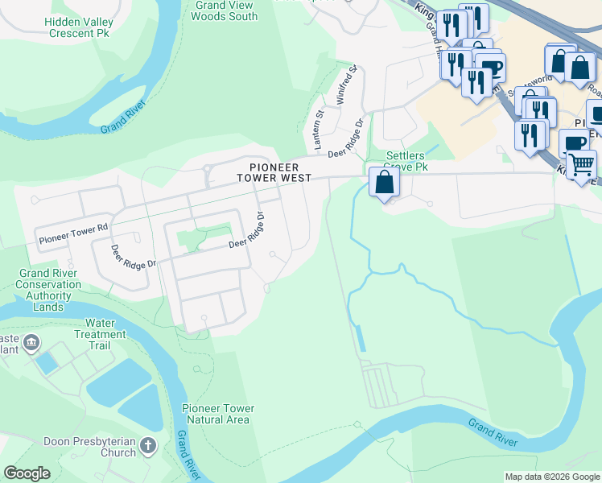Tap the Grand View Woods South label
[226, 10]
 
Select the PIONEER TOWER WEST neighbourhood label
[274, 172]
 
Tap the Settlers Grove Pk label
[406, 161]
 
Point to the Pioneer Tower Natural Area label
[218, 414]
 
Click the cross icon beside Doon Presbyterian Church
[148, 445]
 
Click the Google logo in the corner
[27, 473]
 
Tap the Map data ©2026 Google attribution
[551, 477]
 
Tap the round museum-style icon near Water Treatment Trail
[31, 344]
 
